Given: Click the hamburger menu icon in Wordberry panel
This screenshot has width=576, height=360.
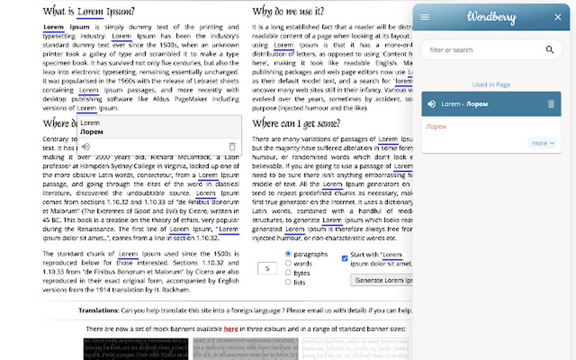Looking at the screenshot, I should click(x=425, y=17).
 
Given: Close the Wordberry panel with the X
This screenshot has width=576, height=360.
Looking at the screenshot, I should click(x=558, y=17).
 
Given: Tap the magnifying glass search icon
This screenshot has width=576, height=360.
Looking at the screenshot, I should click(x=549, y=50).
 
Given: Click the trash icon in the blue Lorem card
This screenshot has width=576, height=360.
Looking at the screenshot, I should click(x=551, y=104).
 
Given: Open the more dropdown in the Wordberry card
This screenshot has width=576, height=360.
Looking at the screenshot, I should click(x=543, y=143).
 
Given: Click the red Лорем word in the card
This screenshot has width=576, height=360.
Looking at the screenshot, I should click(x=436, y=127).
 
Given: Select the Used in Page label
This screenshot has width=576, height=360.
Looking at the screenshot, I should click(x=491, y=85).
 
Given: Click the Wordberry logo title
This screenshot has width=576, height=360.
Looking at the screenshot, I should click(x=491, y=17).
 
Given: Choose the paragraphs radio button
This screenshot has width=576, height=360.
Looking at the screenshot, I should click(x=289, y=254).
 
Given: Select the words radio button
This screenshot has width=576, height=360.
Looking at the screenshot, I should click(x=289, y=264).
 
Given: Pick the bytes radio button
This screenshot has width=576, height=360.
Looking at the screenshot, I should click(x=289, y=273).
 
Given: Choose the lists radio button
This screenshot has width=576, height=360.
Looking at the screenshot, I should click(x=289, y=282).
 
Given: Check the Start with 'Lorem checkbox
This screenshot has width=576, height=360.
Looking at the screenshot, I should click(x=344, y=258).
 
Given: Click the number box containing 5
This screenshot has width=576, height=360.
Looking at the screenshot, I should click(x=267, y=269).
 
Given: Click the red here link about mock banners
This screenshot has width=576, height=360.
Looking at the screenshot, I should click(x=230, y=328).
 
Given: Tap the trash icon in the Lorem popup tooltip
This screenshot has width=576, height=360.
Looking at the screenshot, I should click(x=232, y=146).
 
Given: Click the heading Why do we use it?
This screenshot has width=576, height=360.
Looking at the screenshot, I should click(x=288, y=11).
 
